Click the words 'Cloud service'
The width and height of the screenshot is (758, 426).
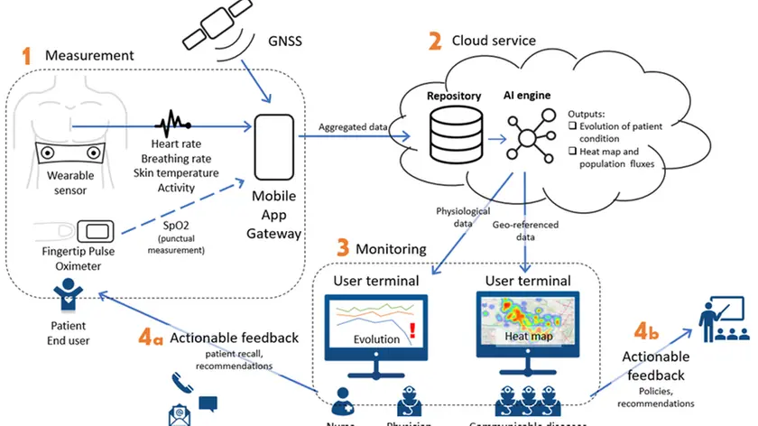(494, 41)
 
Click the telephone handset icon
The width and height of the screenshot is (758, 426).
(176, 383)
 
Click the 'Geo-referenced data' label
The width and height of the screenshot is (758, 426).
(528, 230)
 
